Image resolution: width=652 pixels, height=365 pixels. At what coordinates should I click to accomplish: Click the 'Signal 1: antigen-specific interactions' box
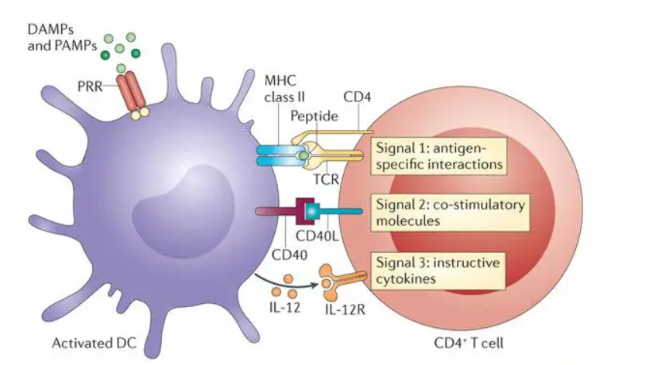point(438,155)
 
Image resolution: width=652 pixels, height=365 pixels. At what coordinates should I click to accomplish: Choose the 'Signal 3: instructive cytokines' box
point(438,270)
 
